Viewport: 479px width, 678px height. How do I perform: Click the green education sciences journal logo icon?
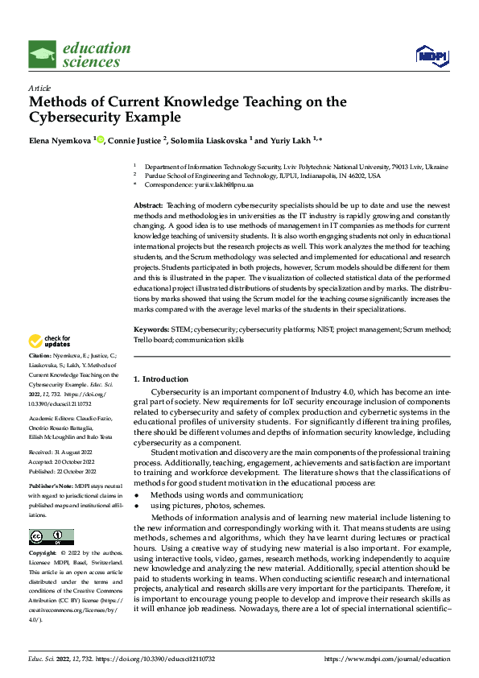point(43,55)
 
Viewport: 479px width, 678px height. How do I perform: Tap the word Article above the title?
point(39,88)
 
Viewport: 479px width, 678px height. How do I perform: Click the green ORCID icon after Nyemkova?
point(101,139)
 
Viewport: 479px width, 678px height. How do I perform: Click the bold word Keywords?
point(151,330)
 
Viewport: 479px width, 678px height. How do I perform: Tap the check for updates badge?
point(49,341)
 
